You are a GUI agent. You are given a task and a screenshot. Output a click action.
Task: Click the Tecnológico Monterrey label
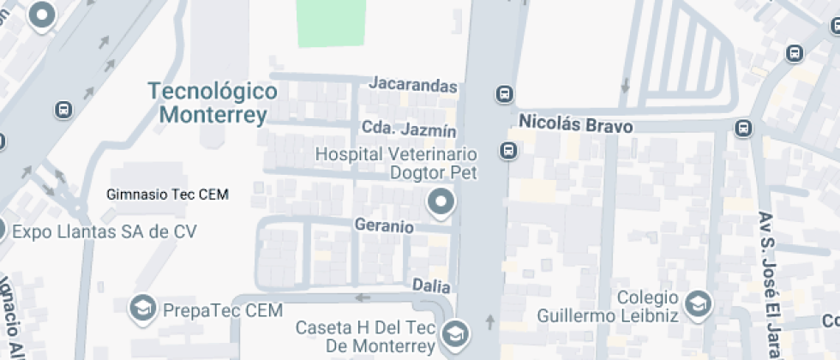pos(212,103)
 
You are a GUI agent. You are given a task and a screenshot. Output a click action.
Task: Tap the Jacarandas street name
pos(413,85)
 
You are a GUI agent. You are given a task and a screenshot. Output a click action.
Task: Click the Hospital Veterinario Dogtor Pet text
pos(396,163)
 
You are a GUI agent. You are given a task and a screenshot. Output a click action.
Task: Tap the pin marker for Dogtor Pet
pos(441,203)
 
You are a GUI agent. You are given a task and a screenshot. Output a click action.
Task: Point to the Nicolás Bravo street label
pos(576,126)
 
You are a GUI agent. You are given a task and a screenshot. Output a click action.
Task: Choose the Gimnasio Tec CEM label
pos(167,195)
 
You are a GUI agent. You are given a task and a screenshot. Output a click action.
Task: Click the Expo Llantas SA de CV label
pos(105,231)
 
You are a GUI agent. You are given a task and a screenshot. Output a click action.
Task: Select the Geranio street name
pos(384,227)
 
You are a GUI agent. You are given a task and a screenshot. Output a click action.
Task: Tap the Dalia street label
pos(431,285)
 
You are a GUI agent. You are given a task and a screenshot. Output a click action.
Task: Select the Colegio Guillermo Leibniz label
pos(608,307)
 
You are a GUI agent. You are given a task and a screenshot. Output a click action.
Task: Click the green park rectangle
pos(330,23)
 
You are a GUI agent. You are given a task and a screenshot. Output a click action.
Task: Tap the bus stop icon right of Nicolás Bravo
pos(742,129)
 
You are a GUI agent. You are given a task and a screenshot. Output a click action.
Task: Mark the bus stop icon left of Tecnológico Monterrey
pos(63,110)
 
